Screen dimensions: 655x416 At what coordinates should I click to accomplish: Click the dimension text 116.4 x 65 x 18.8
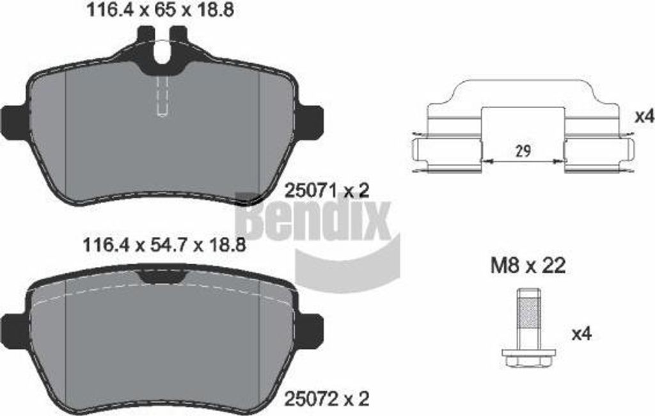(159, 10)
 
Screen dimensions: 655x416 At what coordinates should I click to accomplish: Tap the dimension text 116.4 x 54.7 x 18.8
(164, 245)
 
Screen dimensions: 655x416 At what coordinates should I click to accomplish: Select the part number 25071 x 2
(327, 191)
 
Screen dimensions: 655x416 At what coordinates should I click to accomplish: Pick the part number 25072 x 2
(327, 399)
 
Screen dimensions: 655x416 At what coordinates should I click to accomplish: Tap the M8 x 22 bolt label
(528, 266)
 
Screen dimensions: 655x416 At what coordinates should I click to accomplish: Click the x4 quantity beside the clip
(643, 116)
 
